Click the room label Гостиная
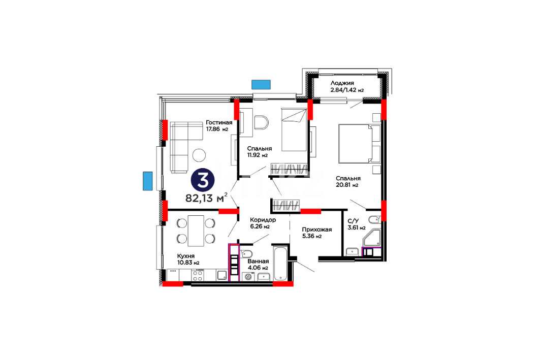coord(219,122)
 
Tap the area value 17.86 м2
coord(217,129)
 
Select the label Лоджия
coord(342,83)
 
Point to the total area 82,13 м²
coord(206,198)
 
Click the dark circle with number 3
coord(203,180)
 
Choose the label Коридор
coord(263,219)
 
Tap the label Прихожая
coord(317,230)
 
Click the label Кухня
coord(186,256)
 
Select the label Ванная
coord(258,261)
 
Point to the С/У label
coord(353,221)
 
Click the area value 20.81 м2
coord(347,185)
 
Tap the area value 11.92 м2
coord(258,155)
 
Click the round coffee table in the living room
coord(199,155)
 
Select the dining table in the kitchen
coord(196,231)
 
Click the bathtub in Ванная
coord(281,264)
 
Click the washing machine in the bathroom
coord(247,277)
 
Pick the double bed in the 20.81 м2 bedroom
coord(359,144)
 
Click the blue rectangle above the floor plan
coord(261,85)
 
